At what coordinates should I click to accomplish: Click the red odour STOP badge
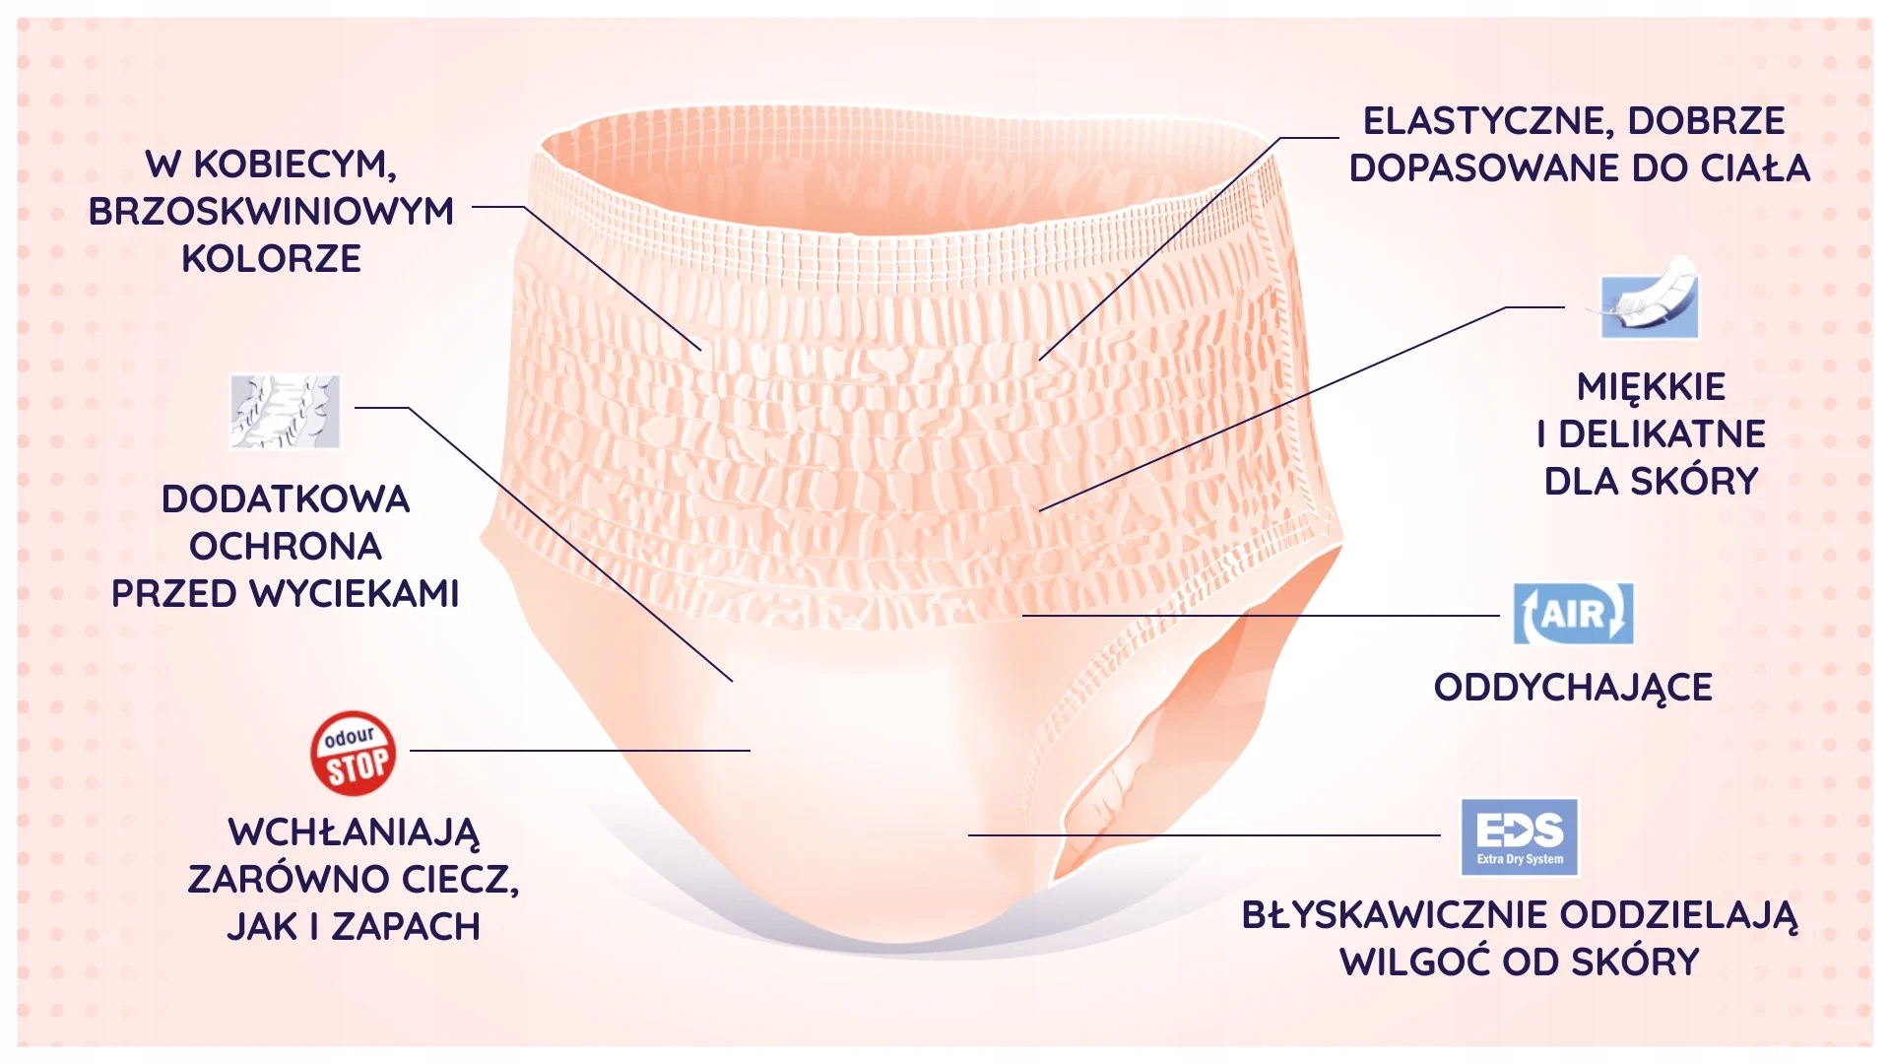[354, 754]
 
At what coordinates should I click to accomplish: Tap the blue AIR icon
[1573, 614]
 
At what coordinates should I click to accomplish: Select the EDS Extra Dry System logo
[1519, 836]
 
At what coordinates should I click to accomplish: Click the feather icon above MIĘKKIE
[1649, 299]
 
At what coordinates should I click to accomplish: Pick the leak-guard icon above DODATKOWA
[285, 411]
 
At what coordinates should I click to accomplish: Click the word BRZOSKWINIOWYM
[271, 212]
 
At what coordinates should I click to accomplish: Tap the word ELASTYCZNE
[1485, 121]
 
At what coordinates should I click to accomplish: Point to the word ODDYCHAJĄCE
[1573, 688]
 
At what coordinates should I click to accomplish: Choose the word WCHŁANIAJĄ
[354, 832]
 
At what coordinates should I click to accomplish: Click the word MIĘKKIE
[1651, 387]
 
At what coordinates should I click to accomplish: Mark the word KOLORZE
[271, 259]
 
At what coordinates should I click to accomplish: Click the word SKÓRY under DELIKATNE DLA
[1695, 482]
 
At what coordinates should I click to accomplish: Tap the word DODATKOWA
[285, 499]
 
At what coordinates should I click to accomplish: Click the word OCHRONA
[285, 547]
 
